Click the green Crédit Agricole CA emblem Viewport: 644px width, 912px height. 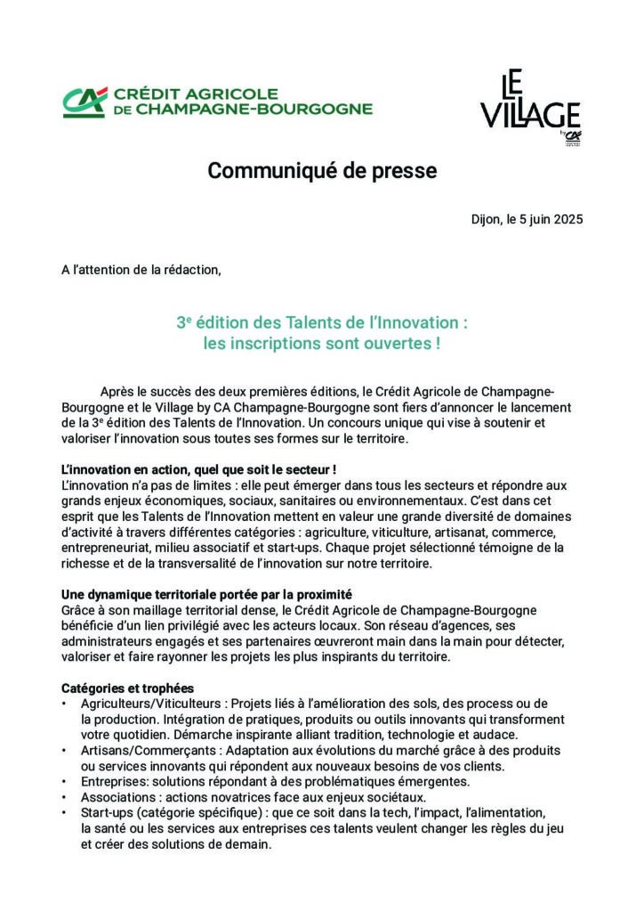[x=84, y=102]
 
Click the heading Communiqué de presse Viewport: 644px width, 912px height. [x=322, y=171]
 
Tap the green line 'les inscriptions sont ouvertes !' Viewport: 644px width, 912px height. [x=322, y=342]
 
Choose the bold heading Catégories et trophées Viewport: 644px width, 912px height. [x=127, y=688]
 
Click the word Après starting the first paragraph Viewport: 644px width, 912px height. [x=119, y=392]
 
